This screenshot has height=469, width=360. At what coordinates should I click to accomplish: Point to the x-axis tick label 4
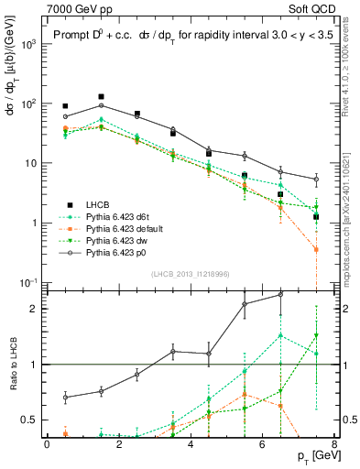(191, 444)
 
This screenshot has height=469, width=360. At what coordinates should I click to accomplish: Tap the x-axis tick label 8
(334, 444)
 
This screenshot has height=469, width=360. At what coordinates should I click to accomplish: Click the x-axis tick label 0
(47, 444)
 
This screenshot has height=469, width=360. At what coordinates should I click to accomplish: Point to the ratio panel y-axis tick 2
(35, 309)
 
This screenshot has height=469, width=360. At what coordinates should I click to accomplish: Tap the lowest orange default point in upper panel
(316, 249)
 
